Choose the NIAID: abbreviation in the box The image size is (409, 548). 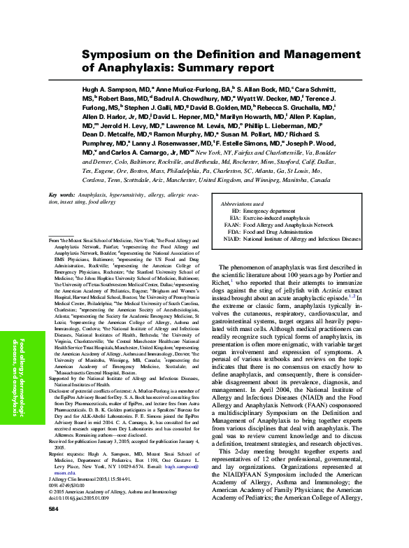tap(231, 239)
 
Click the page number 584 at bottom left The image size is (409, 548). tap(53, 528)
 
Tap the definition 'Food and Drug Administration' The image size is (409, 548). tap(280, 232)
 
